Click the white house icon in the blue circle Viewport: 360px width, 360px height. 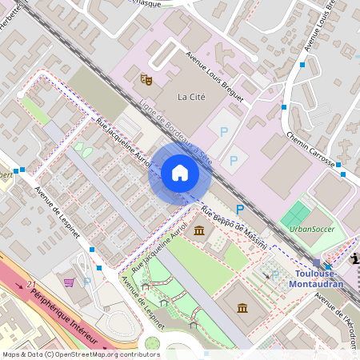point(180,173)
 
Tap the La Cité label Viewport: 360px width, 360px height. point(190,98)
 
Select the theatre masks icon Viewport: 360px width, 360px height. point(146,79)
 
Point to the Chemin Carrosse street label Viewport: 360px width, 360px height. point(310,150)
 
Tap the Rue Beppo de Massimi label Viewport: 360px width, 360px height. point(234,227)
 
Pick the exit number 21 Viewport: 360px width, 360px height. point(31,284)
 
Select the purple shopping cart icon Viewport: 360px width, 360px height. point(70,282)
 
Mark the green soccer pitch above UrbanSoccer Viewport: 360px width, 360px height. point(297,214)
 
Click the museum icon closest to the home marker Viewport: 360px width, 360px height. point(198,232)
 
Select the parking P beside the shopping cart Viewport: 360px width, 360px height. point(86,282)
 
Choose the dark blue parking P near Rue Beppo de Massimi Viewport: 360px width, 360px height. point(239,209)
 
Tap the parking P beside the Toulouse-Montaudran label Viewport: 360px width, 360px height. point(275,274)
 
